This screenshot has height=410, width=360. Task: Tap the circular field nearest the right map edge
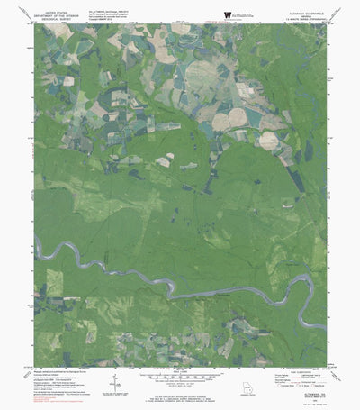(268, 140)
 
